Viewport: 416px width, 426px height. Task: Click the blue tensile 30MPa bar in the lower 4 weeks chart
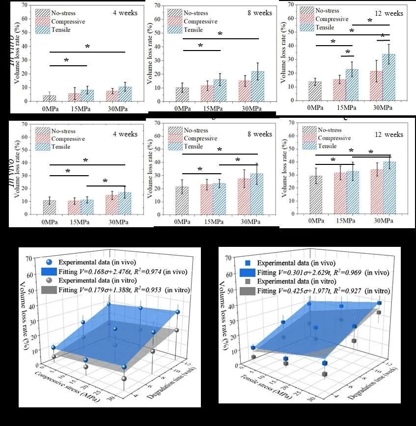[x=125, y=203]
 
